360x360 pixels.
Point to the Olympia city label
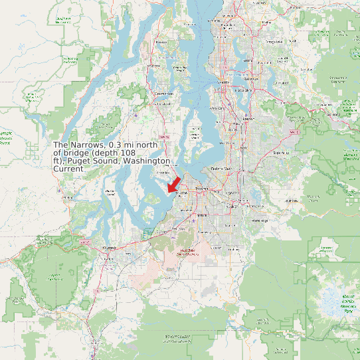point(110,247)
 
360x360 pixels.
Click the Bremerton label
point(163,94)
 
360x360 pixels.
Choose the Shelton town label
point(67,197)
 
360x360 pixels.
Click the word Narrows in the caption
point(89,145)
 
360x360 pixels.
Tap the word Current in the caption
point(68,169)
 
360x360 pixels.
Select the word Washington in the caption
point(147,161)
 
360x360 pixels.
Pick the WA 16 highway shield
point(163,137)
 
